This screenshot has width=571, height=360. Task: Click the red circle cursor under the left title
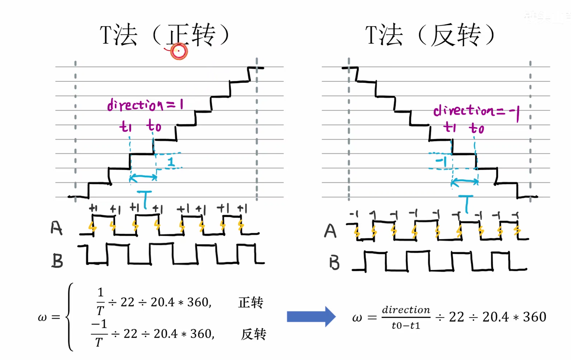tap(179, 51)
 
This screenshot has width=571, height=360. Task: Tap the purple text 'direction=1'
tap(145, 105)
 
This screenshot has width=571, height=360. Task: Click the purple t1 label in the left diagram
tap(125, 127)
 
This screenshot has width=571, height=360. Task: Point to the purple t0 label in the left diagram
tap(154, 126)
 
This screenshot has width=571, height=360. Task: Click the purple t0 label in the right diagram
tap(476, 128)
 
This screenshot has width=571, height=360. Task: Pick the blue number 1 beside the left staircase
tap(171, 162)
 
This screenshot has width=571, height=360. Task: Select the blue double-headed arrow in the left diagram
tap(143, 178)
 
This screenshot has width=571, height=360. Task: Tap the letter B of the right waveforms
tap(334, 263)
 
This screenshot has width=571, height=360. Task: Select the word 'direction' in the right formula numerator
tap(406, 310)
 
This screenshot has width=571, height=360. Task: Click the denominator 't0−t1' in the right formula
tap(406, 325)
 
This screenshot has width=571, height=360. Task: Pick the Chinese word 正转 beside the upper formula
tap(251, 302)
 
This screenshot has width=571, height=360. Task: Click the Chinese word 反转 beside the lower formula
tap(254, 334)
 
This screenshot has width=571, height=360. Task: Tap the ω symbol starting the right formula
tap(357, 318)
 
